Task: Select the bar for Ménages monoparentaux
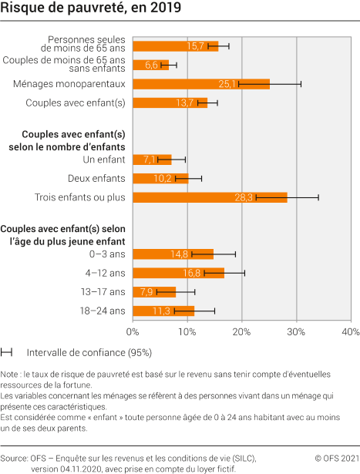tap(201, 84)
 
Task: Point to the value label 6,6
tap(152, 66)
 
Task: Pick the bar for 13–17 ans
tap(154, 292)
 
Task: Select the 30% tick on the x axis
tap(296, 331)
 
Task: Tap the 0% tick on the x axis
tap(133, 331)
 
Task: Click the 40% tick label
tap(350, 331)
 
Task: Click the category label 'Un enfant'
tap(103, 160)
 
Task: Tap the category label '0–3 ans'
tap(108, 254)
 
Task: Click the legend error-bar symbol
tap(7, 352)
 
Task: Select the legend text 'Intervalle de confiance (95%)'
tap(89, 352)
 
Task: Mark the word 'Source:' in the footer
tap(15, 457)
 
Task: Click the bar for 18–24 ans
tap(163, 311)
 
